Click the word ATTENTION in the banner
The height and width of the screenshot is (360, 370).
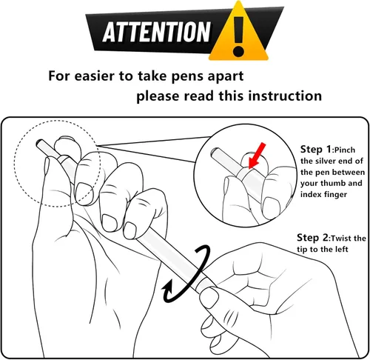click(157, 32)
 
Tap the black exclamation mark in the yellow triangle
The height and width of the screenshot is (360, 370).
click(238, 36)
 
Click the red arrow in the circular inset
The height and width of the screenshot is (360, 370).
click(257, 156)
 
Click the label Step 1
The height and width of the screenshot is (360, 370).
click(316, 149)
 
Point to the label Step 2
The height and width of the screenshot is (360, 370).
click(312, 238)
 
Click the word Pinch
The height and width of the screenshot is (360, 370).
click(345, 150)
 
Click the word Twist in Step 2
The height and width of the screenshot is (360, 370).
click(341, 239)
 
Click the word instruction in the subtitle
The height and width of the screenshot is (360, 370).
click(285, 96)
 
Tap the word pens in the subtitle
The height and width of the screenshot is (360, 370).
click(187, 76)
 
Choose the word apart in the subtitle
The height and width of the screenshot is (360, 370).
click(226, 76)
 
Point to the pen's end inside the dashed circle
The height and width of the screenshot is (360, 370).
click(39, 143)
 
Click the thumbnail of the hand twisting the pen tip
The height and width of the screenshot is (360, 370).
click(209, 298)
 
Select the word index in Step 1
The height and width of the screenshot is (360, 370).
click(309, 194)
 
